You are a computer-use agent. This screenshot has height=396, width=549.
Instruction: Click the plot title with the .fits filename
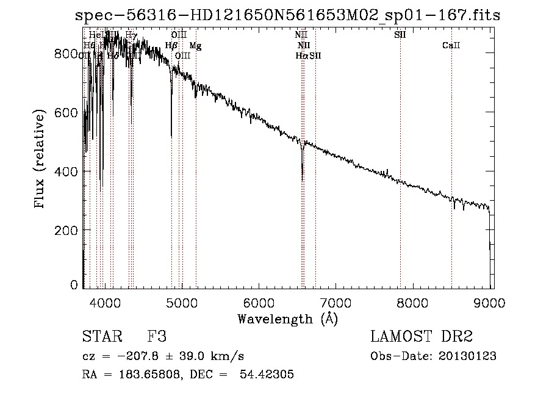pos(287,16)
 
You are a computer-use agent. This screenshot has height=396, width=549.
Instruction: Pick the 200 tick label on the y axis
pos(68,230)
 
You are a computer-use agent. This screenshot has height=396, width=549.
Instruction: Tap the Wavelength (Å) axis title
pos(287,318)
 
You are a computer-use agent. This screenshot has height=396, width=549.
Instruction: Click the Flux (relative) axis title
pos(41,160)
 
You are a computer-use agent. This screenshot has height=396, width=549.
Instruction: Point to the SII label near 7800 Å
pos(400,35)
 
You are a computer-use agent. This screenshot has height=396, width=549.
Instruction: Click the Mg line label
pos(195,46)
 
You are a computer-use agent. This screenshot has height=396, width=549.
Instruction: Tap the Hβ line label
pos(171,46)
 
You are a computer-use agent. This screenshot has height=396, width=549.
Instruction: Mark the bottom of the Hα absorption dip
pos(302,180)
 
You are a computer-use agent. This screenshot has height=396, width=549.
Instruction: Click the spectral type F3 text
pos(157,337)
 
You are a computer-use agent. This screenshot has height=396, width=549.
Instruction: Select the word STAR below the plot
pos(100,337)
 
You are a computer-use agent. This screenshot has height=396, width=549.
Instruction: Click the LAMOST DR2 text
pos(422,337)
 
